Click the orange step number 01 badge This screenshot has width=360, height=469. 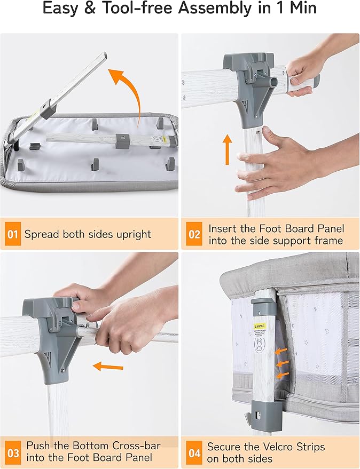(13, 234)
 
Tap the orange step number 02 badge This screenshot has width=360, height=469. (194, 234)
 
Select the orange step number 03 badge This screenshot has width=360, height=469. (13, 453)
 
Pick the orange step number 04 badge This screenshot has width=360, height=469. (194, 453)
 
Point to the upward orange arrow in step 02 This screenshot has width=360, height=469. (228, 149)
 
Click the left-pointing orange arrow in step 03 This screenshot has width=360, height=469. (108, 366)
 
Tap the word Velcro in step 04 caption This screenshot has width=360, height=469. (275, 447)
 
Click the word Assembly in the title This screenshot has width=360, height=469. (215, 9)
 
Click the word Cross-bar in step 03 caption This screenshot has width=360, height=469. (136, 446)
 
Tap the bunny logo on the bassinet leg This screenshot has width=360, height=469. (259, 344)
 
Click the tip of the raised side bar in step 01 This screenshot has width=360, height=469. (104, 55)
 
